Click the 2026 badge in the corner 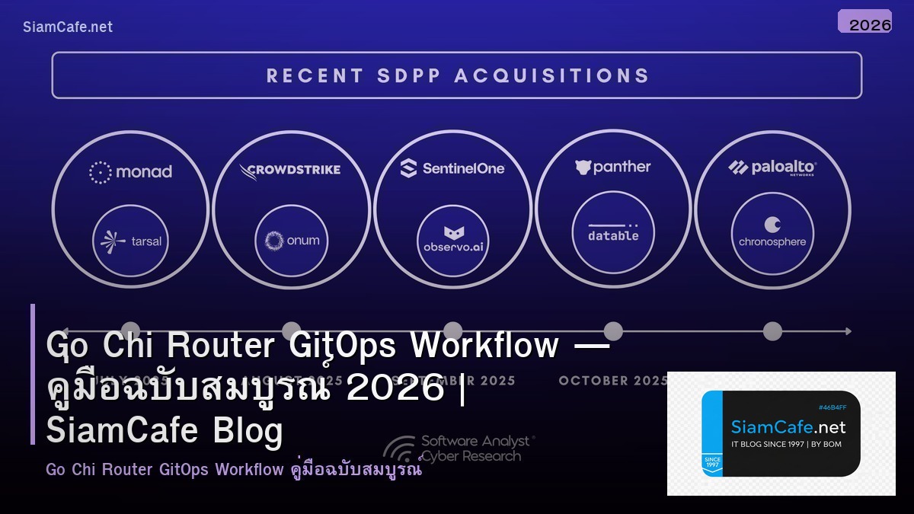(x=864, y=22)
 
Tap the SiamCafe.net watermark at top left (x=68, y=27)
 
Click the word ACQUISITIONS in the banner (x=551, y=75)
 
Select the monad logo (x=130, y=172)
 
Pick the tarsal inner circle (x=131, y=241)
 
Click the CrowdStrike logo (x=290, y=170)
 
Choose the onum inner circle (x=292, y=241)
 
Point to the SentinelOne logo (x=452, y=168)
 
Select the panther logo (x=613, y=168)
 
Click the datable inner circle (x=613, y=230)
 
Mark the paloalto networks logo (x=772, y=168)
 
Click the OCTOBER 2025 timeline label (x=613, y=381)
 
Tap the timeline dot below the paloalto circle (x=772, y=331)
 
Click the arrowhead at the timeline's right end (x=847, y=331)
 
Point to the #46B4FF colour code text (x=833, y=407)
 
